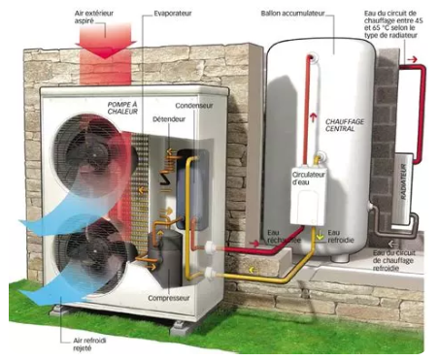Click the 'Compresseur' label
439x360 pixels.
(x=169, y=299)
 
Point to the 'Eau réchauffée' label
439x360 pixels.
(x=280, y=236)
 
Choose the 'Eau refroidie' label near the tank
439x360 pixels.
(x=334, y=236)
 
